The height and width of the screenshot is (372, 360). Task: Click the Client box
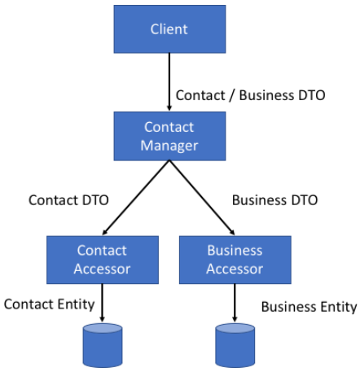[x=169, y=29]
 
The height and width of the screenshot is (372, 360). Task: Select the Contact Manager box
[x=169, y=136]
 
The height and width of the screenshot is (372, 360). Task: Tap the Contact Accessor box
[x=103, y=260]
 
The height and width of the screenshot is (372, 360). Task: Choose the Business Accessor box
[x=235, y=260]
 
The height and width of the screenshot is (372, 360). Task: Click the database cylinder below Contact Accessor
[x=103, y=345]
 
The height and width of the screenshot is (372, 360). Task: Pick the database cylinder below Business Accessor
[x=235, y=345]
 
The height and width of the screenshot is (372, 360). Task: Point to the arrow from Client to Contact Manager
[x=169, y=82]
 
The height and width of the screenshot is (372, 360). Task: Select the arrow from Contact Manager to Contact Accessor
[x=136, y=198]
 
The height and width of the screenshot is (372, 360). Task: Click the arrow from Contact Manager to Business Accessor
[x=202, y=198]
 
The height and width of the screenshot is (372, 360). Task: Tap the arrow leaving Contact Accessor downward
[x=102, y=303]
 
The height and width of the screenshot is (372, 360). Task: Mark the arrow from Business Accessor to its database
[x=235, y=303]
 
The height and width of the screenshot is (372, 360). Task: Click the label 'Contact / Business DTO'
[x=250, y=95]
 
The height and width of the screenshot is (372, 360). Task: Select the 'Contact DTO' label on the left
[x=68, y=200]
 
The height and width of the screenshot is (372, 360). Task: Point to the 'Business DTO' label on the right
[x=274, y=200]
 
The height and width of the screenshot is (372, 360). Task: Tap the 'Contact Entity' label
[x=49, y=304]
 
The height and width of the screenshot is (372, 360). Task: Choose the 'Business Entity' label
[x=309, y=307]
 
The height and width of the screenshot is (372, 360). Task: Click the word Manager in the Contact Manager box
[x=169, y=146]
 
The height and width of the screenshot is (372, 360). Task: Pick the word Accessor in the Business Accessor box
[x=235, y=269]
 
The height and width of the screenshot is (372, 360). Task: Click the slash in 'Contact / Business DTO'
[x=232, y=95]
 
